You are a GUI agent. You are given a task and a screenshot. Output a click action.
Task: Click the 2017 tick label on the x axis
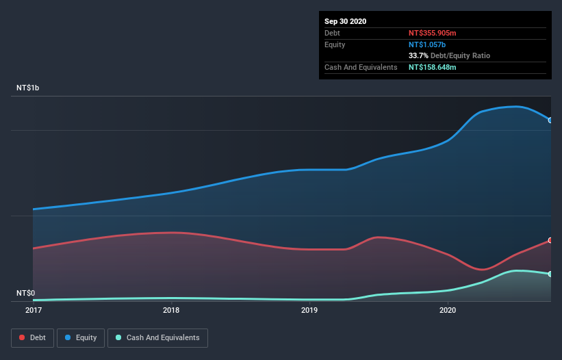click(x=33, y=310)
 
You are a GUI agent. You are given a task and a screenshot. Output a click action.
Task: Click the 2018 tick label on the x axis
click(x=171, y=310)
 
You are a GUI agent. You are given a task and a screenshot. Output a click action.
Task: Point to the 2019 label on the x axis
click(x=309, y=310)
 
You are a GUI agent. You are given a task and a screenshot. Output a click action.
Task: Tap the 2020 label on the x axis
click(x=447, y=310)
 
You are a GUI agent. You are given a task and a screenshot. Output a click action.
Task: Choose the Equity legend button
click(x=81, y=337)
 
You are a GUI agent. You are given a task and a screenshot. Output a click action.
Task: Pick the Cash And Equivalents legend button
click(x=157, y=337)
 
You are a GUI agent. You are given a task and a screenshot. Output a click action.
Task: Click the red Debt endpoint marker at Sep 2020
click(x=550, y=240)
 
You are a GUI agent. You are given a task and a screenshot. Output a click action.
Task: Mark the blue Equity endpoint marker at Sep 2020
click(x=550, y=120)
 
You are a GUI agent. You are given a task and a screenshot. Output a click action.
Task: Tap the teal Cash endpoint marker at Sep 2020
click(x=550, y=274)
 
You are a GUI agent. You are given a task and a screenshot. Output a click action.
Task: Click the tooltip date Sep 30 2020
click(x=345, y=21)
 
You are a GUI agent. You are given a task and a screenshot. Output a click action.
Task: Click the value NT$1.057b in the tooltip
click(x=426, y=44)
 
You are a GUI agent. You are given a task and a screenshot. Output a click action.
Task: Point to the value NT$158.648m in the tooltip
click(x=432, y=67)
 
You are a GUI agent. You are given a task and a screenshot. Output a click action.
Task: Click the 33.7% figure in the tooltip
click(x=418, y=55)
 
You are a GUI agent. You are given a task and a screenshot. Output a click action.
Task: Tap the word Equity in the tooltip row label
click(x=335, y=44)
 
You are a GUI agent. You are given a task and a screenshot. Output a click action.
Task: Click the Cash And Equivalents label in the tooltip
click(x=361, y=67)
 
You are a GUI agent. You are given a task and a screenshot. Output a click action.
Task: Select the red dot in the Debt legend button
click(x=22, y=337)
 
